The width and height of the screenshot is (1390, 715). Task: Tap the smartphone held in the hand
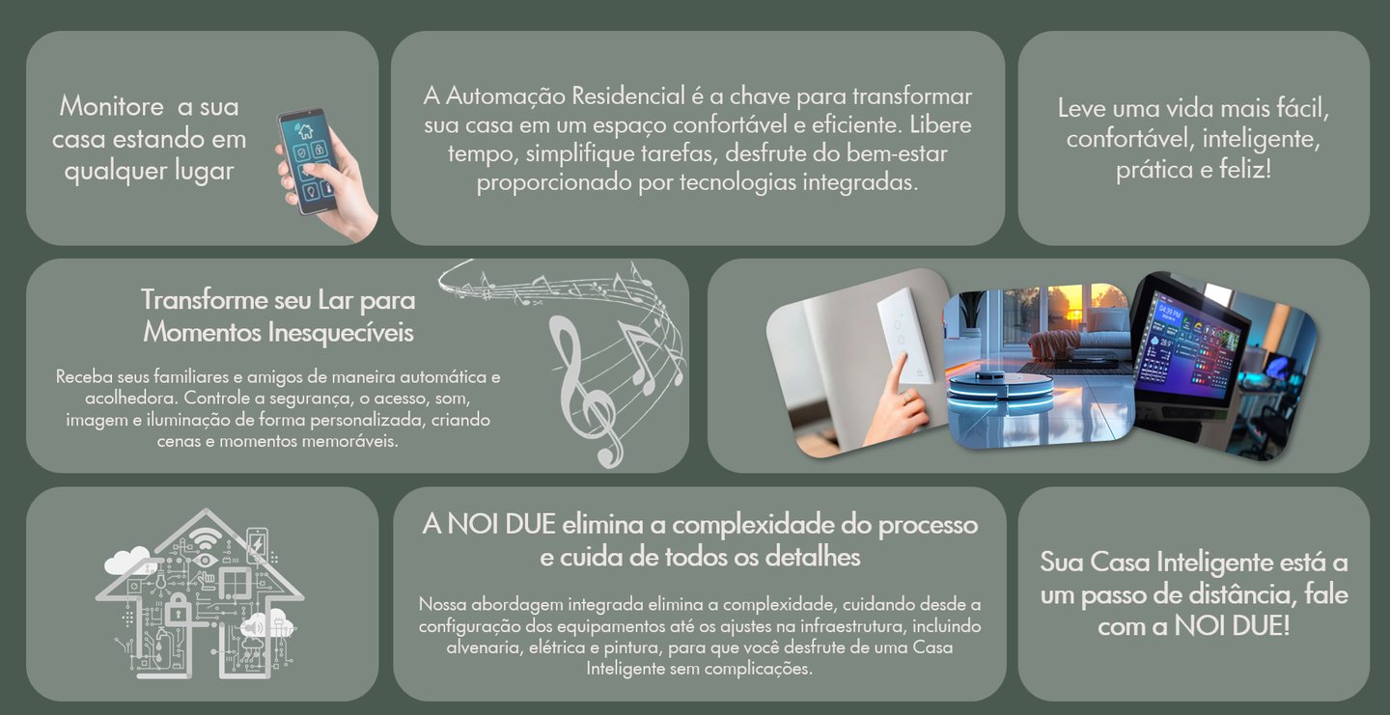(309, 160)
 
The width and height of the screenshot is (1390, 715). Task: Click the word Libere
(941, 124)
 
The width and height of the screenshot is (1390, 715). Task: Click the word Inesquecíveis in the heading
(341, 332)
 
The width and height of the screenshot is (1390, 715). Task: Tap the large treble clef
(585, 391)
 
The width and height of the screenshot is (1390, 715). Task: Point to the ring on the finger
(905, 397)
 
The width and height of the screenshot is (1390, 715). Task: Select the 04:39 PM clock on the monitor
(1169, 312)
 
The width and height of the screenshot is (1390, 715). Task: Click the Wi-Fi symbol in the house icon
(205, 536)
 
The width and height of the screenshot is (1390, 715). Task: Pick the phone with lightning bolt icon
(257, 545)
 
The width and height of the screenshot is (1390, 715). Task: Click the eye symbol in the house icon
(204, 560)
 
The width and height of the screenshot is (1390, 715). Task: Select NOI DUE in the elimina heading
(501, 525)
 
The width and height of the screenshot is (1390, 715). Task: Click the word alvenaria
(483, 647)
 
